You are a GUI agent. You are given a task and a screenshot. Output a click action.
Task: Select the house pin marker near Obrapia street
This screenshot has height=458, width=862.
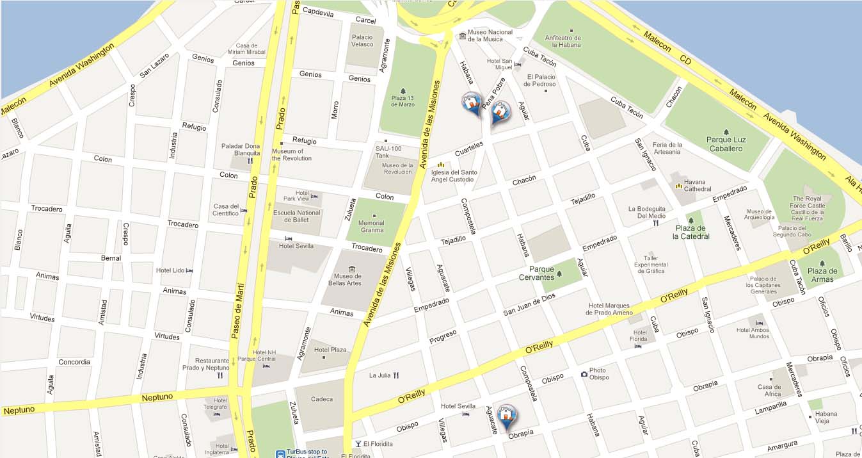click(506, 416)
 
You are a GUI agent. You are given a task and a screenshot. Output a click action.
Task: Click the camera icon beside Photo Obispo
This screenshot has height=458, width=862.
click(584, 374)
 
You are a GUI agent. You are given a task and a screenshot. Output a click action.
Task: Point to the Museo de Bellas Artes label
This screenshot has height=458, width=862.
click(346, 279)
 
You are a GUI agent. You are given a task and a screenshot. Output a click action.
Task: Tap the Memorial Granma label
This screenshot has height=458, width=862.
click(372, 227)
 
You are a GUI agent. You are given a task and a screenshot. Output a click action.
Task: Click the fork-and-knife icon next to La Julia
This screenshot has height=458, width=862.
click(397, 375)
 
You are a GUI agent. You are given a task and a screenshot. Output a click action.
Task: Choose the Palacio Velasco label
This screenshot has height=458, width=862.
click(362, 41)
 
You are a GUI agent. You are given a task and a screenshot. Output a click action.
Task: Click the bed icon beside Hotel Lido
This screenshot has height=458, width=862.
click(189, 271)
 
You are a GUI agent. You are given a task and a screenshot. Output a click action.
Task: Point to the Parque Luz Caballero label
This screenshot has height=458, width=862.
click(726, 144)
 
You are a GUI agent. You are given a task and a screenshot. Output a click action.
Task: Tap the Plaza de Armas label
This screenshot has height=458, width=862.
click(822, 275)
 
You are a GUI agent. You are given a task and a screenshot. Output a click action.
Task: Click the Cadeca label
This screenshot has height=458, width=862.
click(322, 399)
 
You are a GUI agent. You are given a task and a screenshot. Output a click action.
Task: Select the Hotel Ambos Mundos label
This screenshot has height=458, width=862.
click(753, 333)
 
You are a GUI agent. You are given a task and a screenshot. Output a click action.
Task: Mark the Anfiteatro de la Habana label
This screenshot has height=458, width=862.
click(563, 42)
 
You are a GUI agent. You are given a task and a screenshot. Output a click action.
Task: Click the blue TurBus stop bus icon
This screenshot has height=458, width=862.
click(280, 454)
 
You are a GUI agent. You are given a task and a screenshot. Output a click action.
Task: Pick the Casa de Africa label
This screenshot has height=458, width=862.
click(769, 391)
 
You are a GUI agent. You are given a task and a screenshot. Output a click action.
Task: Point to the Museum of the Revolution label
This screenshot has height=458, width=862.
click(291, 155)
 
